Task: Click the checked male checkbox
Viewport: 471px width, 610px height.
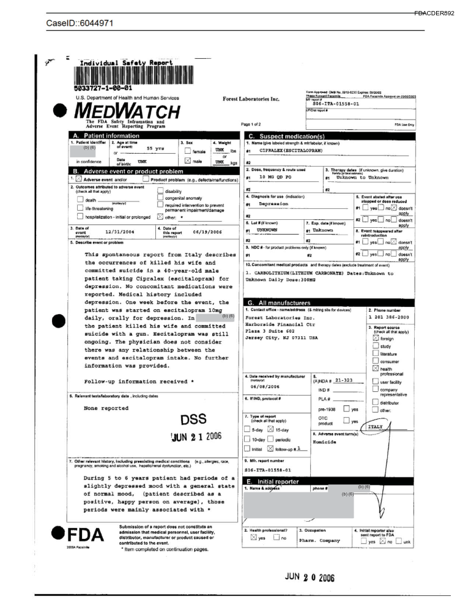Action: [188, 161]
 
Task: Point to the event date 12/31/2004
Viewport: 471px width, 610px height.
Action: [119, 232]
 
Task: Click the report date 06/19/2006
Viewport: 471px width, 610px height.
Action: [207, 232]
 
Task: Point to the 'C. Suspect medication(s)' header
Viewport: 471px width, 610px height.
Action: [294, 135]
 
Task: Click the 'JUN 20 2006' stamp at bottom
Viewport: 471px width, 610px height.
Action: [310, 578]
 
